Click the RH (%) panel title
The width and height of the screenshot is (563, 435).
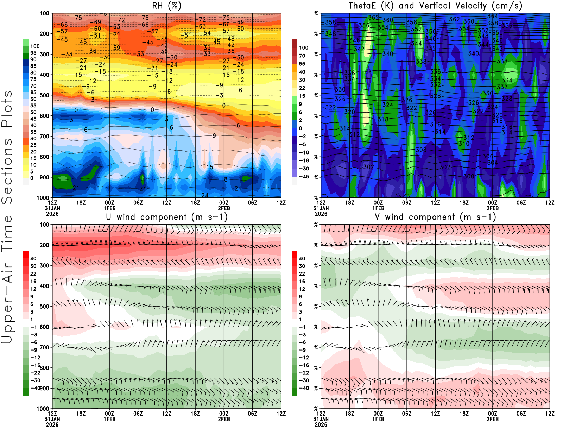(166, 6)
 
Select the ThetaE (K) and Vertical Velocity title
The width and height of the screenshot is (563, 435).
(435, 6)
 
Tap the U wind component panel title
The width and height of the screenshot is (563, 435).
(166, 217)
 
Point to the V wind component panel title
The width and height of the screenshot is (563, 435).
(435, 217)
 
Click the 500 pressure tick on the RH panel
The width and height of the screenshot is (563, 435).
(45, 95)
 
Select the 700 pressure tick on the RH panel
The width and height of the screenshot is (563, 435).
(45, 137)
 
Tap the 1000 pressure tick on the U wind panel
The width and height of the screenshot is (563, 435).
(43, 409)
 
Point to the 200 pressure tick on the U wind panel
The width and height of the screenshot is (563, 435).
(45, 245)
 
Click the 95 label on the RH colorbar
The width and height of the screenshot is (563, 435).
(33, 53)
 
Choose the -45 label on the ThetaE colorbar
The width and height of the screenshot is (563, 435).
(304, 177)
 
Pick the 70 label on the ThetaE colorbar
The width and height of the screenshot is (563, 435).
(302, 56)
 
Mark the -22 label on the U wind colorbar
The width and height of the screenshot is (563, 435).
(35, 373)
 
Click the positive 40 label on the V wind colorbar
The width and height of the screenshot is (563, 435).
(302, 258)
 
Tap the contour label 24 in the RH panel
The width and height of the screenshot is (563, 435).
(204, 195)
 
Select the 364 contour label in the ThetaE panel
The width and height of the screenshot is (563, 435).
(493, 16)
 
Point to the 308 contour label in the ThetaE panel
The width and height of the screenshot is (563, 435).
(421, 150)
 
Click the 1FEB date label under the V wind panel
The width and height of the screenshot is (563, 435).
(378, 419)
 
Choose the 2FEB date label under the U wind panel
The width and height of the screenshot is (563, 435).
(224, 419)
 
